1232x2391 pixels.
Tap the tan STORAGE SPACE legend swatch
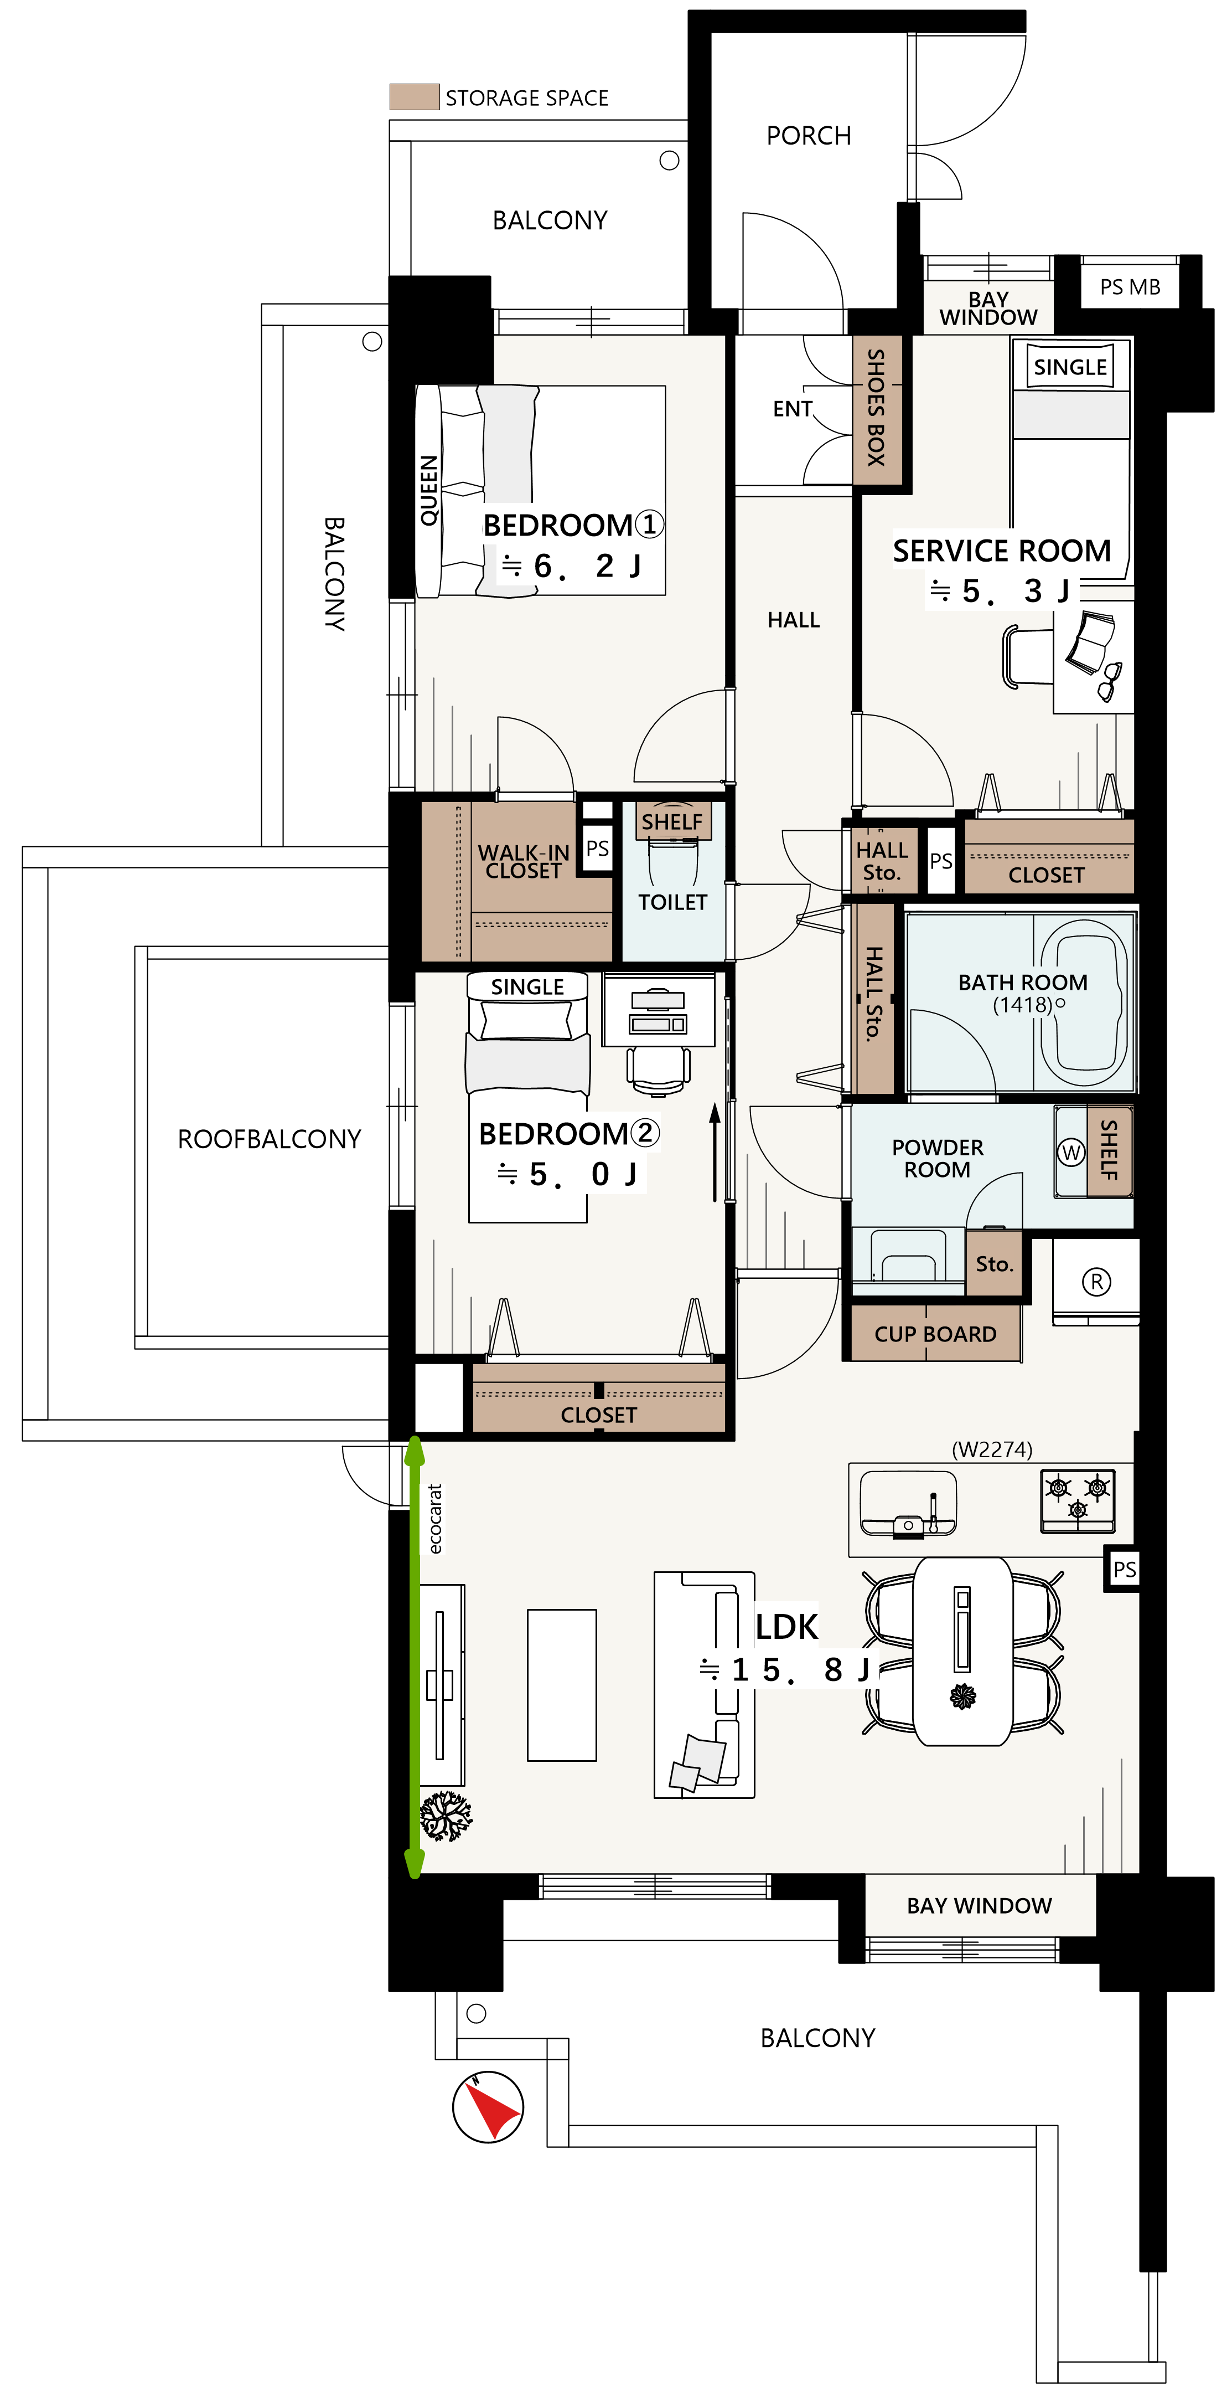[414, 96]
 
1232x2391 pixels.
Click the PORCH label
[808, 136]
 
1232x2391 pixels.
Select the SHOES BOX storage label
[876, 408]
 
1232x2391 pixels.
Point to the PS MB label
[1130, 287]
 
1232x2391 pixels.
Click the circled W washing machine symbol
[1071, 1152]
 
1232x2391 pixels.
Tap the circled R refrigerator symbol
[1096, 1282]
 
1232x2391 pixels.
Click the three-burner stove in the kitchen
[1077, 1500]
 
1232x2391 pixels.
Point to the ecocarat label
[435, 1519]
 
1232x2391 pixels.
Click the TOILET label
[672, 902]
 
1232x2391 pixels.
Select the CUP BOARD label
[935, 1334]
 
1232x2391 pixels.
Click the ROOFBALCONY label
[269, 1139]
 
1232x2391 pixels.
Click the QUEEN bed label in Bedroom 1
[428, 490]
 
